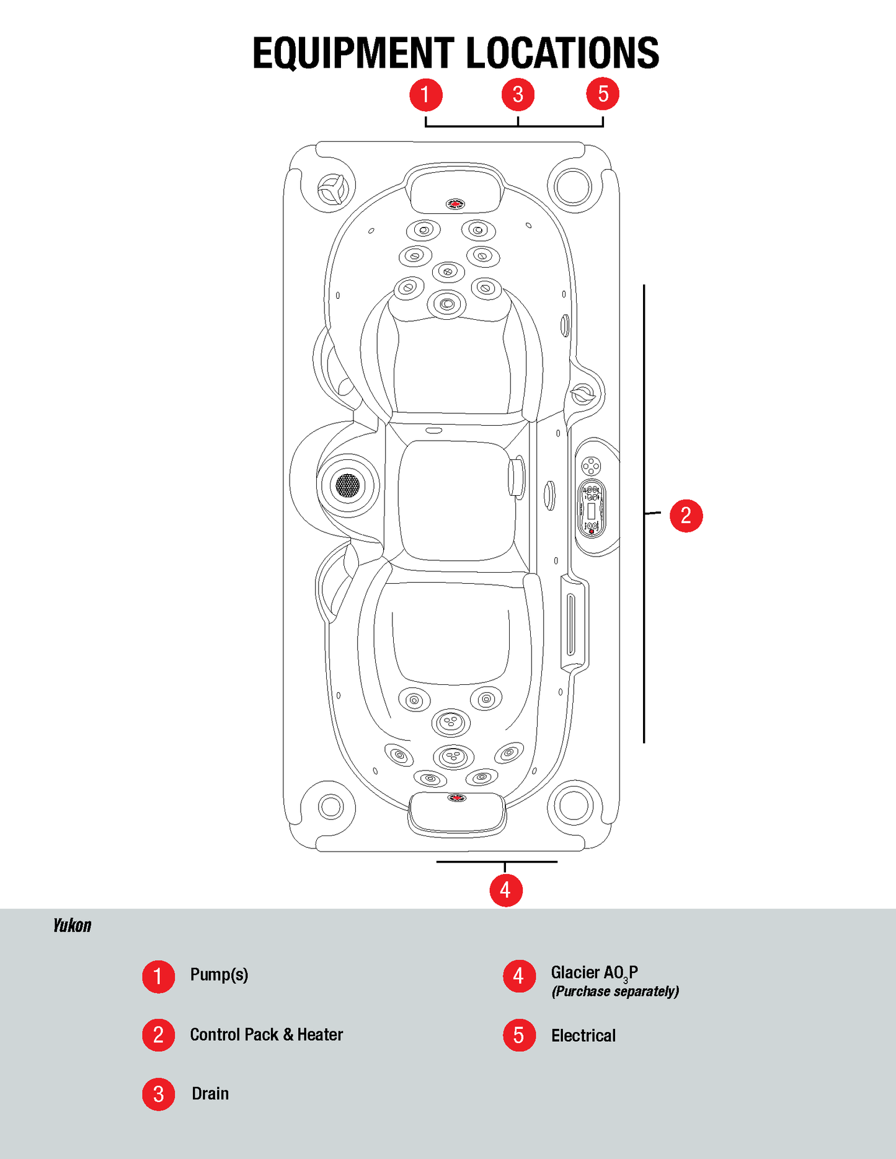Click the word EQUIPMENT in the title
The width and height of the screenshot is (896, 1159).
coord(353,53)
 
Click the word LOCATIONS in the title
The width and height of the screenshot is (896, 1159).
coord(562,53)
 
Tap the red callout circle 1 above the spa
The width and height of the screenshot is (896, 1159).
coord(426,95)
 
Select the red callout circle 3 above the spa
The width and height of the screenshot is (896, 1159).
coord(518,95)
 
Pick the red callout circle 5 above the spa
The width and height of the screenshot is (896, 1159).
coord(603,95)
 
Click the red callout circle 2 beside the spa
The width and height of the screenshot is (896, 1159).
coord(686,516)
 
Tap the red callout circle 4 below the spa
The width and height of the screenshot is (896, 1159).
coord(506,891)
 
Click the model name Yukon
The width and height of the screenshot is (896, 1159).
coord(72,926)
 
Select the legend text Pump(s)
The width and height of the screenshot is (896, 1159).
coord(219,975)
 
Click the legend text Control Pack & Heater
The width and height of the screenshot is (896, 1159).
coord(266,1034)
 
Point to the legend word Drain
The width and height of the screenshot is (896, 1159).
coord(210,1094)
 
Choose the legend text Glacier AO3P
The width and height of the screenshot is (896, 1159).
coord(594,973)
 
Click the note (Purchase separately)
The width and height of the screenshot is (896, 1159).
coord(615,992)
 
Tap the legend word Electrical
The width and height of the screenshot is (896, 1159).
coord(583,1036)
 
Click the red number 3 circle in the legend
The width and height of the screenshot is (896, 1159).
coord(159,1095)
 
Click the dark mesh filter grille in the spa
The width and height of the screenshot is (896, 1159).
coord(347,485)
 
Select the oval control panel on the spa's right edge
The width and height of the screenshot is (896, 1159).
coord(592,509)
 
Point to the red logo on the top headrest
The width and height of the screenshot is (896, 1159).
coord(455,204)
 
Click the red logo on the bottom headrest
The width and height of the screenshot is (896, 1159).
coord(457,798)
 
